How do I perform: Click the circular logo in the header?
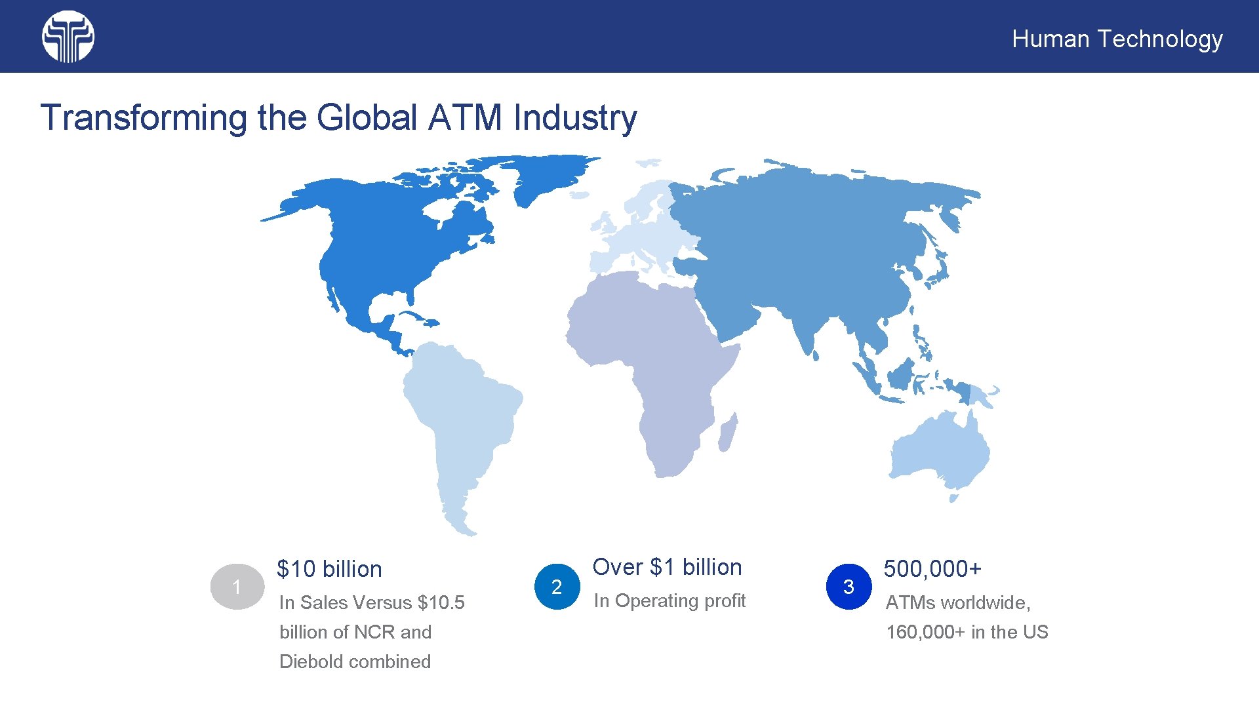(x=68, y=37)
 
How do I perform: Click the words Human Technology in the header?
(x=1117, y=39)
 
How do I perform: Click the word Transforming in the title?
(x=144, y=118)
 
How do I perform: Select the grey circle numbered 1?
(x=237, y=587)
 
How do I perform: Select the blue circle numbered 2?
(x=557, y=587)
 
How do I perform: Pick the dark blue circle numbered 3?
(x=849, y=587)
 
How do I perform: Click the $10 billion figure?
(x=329, y=569)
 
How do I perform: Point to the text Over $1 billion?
(x=667, y=567)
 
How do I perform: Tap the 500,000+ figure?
(x=932, y=569)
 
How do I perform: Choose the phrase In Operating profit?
(x=669, y=600)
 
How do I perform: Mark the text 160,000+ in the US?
(x=967, y=632)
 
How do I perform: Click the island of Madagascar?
(x=728, y=433)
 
